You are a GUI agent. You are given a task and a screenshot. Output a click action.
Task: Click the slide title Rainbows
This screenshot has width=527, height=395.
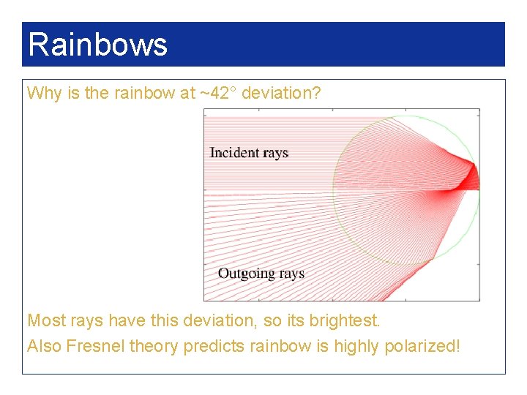pos(97,45)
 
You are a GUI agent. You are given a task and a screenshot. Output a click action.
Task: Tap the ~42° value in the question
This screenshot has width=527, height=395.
pos(218,94)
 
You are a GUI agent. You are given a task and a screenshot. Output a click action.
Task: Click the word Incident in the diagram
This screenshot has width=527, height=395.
pos(234,153)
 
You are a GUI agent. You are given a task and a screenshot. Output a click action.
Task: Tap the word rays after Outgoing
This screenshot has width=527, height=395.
pos(291,274)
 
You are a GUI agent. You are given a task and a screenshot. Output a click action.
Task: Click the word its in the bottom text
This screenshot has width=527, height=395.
pos(291,320)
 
